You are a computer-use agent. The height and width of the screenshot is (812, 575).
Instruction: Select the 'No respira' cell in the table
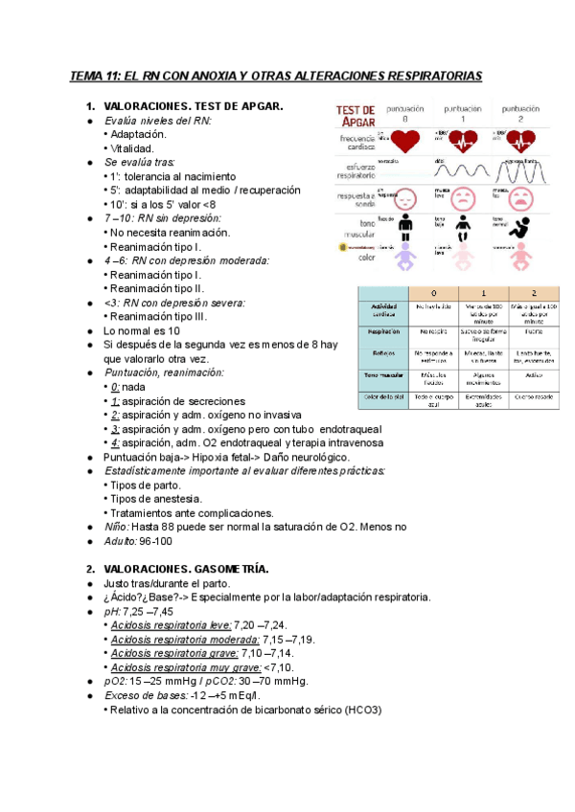click(433, 330)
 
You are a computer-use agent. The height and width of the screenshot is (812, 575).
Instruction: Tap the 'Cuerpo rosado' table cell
click(533, 395)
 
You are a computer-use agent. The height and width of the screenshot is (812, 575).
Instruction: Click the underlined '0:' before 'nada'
click(115, 386)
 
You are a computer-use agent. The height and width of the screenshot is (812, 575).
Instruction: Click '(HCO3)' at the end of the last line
click(360, 710)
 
